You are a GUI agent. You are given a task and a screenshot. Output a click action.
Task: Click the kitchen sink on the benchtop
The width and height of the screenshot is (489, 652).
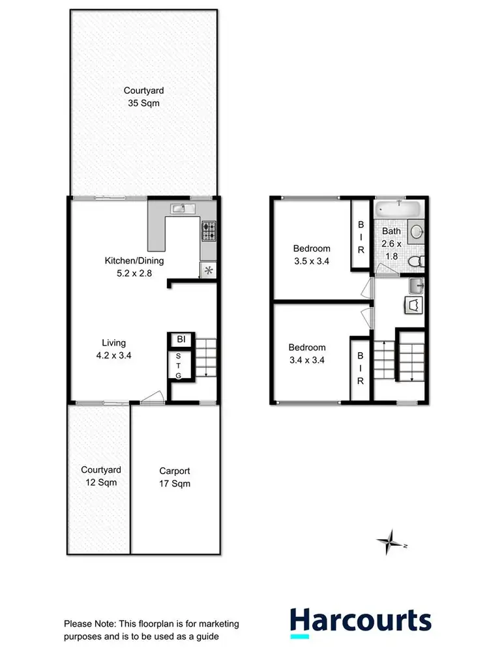point(179,209)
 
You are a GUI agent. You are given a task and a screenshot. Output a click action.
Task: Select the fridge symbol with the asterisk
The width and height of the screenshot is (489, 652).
point(208,271)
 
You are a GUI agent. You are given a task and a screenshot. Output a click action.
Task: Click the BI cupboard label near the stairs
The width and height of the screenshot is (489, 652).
point(180,340)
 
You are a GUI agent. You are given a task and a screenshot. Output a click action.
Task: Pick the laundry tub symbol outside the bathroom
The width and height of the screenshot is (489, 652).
point(417,285)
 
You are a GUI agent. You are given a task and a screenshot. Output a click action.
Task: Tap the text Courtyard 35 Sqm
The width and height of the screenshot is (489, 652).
point(142,97)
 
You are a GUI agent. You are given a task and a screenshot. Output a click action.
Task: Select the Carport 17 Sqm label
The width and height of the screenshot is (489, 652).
point(175,477)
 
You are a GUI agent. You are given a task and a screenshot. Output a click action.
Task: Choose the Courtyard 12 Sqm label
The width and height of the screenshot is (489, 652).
point(100,476)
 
